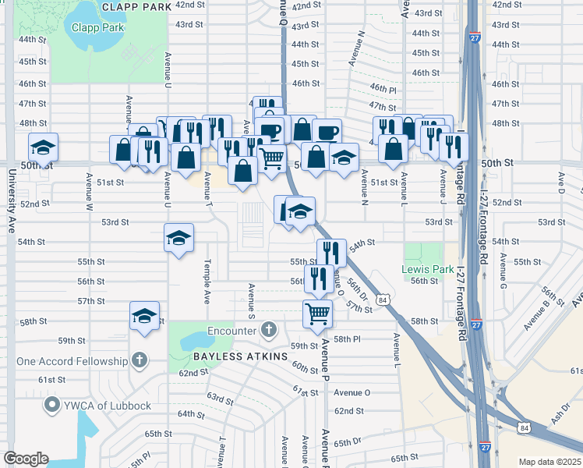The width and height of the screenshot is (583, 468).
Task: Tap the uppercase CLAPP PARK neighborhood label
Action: click(x=136, y=6)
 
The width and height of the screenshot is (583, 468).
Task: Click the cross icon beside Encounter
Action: click(x=269, y=330)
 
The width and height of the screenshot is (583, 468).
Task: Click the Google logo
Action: click(x=26, y=459)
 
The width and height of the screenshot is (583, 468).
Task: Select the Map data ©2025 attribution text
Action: click(x=550, y=462)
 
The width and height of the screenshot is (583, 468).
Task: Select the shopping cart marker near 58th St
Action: click(x=317, y=313)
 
